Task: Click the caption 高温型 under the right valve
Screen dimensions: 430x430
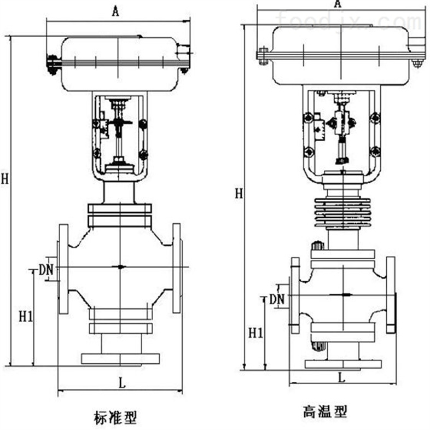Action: click(x=326, y=410)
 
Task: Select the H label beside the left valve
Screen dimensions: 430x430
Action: click(x=4, y=178)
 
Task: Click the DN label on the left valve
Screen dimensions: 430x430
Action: click(x=47, y=269)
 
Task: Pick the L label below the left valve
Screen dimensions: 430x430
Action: click(x=121, y=383)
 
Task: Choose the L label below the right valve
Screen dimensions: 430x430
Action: click(x=341, y=377)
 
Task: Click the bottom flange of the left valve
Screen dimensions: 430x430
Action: click(x=120, y=358)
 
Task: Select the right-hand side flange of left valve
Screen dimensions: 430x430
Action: click(x=176, y=268)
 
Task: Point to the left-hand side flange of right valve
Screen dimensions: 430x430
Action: click(x=295, y=295)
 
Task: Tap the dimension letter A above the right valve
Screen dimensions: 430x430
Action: click(x=338, y=3)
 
